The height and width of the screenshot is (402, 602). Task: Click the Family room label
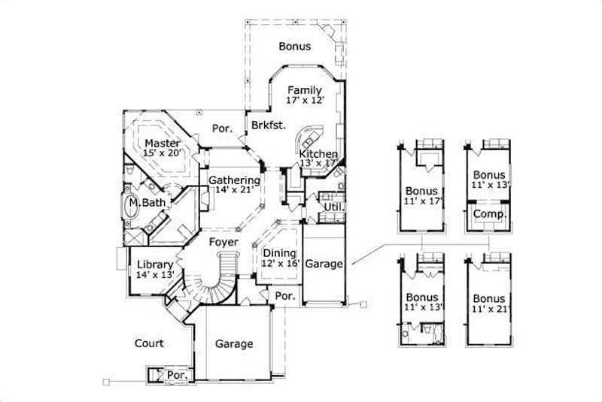point(304,90)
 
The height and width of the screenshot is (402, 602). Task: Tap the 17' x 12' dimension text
point(304,100)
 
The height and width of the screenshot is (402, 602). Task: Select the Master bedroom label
point(162,144)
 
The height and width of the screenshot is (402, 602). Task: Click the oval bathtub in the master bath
point(129,207)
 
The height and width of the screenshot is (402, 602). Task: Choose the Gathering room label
point(235,180)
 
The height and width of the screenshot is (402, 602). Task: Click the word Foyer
point(224,242)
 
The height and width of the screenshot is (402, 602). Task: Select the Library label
point(156,264)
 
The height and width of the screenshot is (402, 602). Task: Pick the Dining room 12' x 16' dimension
point(278,264)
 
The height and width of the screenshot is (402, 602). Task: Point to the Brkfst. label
point(268,125)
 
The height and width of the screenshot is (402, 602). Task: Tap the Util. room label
point(333,206)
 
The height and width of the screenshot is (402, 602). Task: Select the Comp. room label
point(490,214)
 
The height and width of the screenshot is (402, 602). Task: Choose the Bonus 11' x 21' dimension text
point(489,309)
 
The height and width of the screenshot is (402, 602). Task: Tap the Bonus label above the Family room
point(294,47)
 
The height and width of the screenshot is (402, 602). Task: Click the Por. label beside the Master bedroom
point(220,128)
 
